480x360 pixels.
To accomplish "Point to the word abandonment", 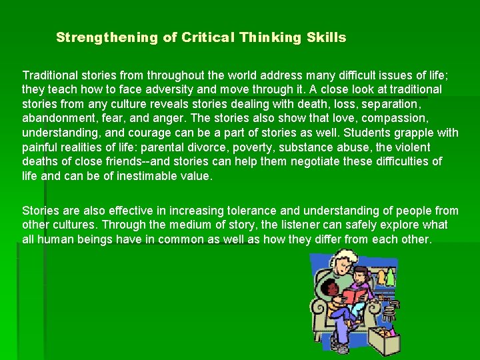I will (x=57, y=118).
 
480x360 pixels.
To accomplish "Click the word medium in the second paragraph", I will (x=184, y=225).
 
